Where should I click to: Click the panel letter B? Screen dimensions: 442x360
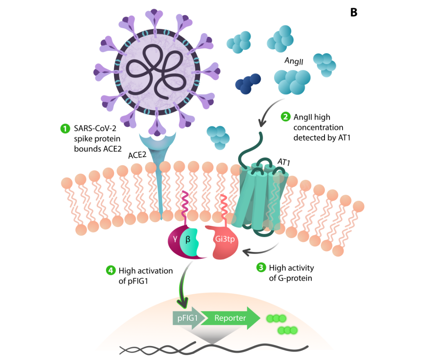pos(354,12)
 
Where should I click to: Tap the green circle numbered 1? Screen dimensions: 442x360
pos(65,128)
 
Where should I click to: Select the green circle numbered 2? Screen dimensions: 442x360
pos(286,117)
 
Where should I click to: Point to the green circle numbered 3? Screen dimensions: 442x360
pos(261,267)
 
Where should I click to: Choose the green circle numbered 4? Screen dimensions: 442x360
pos(110,270)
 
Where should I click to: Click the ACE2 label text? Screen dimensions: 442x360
pos(137,155)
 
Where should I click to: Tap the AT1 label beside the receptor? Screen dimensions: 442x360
pos(284,162)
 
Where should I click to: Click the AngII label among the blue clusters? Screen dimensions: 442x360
pos(294,61)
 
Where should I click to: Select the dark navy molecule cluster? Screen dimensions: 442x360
pos(248,84)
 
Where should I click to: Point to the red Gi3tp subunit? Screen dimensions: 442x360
pos(223,242)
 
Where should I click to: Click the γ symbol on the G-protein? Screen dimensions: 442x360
pos(175,239)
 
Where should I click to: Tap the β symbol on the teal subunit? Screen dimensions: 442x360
pos(188,240)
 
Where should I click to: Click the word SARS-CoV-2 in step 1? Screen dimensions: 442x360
pos(95,128)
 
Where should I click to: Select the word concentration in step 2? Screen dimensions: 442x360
pos(318,128)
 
